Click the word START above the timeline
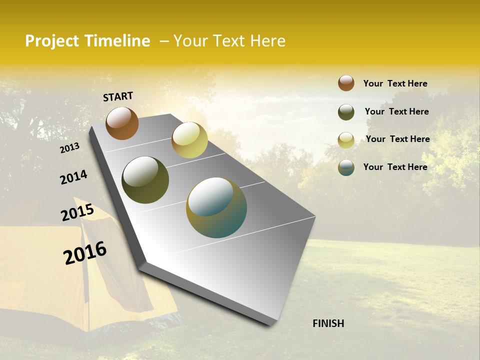[x=118, y=96]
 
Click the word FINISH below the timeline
[x=328, y=323]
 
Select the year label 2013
[x=69, y=147]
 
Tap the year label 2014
[x=73, y=177]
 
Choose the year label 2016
[x=85, y=253]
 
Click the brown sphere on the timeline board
[x=122, y=123]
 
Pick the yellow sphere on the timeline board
[x=189, y=140]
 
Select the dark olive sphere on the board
[x=145, y=180]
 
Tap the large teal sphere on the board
[x=216, y=207]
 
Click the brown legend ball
[x=346, y=83]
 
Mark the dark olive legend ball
[x=346, y=112]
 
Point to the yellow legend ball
[x=346, y=140]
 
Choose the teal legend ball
[x=346, y=167]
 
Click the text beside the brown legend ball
[x=395, y=83]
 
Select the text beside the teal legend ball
[x=395, y=167]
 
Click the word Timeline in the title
[x=117, y=41]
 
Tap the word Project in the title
[x=52, y=41]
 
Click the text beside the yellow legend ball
[x=397, y=139]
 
